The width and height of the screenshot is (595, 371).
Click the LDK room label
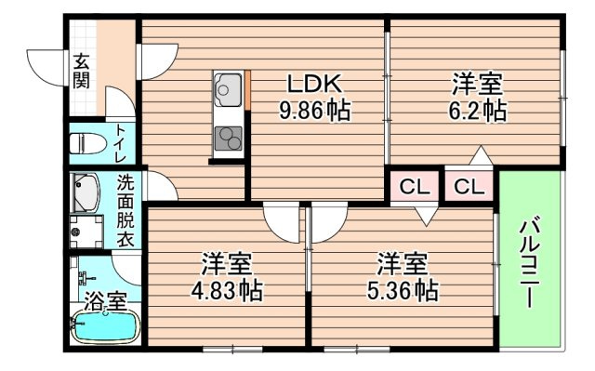(314, 84)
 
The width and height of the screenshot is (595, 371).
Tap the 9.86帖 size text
(314, 111)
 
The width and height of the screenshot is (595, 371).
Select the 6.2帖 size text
(477, 111)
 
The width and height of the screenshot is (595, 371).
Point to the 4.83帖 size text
(227, 291)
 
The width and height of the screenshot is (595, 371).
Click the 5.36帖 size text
(403, 291)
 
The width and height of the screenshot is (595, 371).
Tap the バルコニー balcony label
(529, 262)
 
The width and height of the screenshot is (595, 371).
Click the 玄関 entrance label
(82, 71)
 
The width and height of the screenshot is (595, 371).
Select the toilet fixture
(87, 143)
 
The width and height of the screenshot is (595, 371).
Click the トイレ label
(121, 143)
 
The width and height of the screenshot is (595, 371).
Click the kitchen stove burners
(229, 139)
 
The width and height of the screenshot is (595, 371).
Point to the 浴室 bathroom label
(105, 301)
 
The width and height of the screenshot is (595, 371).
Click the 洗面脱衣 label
(126, 210)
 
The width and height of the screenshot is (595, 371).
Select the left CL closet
(415, 187)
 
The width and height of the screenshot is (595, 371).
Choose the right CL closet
(469, 187)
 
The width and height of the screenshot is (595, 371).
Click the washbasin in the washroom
(86, 192)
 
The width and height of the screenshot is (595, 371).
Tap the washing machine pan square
(86, 232)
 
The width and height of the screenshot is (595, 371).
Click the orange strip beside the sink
(248, 90)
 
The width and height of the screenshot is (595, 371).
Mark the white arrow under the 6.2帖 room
(481, 155)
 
